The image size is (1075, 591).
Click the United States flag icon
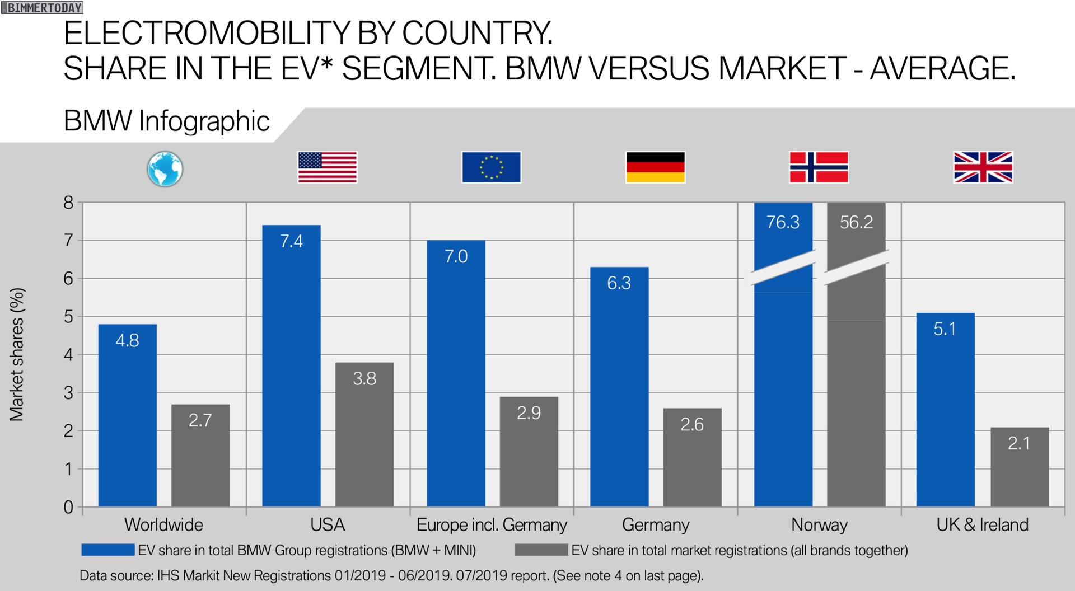point(327,167)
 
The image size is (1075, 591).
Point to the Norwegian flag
point(819,167)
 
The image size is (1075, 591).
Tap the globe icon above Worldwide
point(165,168)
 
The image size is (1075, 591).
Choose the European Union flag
point(491,167)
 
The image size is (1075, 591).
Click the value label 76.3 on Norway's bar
point(783,222)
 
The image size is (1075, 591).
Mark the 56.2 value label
point(856,222)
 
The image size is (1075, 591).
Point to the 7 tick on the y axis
point(68,241)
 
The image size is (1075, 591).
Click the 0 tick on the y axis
point(68,507)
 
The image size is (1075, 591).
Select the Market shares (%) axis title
point(17,354)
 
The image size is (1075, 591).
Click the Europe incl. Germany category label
point(492,525)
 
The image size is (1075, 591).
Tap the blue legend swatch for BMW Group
point(107,550)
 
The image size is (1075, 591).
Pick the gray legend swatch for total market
point(541,550)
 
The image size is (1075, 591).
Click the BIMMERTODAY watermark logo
point(43,8)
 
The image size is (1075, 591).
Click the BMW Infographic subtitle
point(166,121)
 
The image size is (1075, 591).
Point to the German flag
point(655,167)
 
